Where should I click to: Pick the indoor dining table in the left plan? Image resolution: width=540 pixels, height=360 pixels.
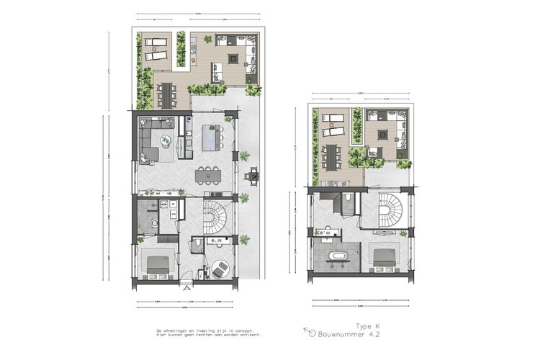click(210, 173)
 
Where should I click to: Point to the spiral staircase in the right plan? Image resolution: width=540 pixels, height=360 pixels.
click(392, 210)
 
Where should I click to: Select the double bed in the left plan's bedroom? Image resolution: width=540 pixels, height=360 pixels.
click(158, 266)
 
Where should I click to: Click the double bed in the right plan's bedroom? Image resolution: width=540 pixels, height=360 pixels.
click(382, 258)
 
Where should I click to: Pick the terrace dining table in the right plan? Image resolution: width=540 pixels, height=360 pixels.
click(333, 155)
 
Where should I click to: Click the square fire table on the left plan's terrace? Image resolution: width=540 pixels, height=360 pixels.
click(234, 59)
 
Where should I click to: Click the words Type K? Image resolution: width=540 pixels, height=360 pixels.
click(367, 326)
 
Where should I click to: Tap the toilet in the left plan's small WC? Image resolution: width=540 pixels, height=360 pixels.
click(197, 247)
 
